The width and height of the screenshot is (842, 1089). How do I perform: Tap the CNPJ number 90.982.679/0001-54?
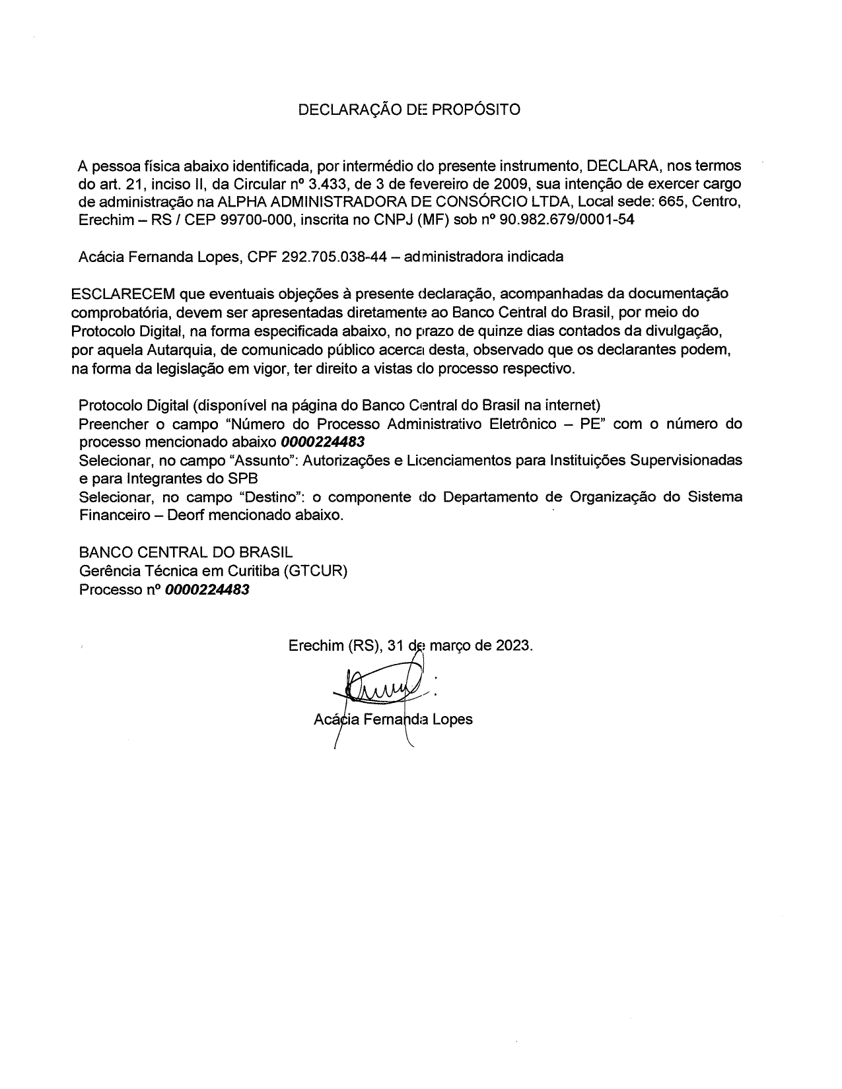pyautogui.click(x=568, y=220)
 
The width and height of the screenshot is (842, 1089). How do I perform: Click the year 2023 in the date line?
pyautogui.click(x=513, y=645)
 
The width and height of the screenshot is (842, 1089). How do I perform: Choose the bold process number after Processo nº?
pyautogui.click(x=207, y=589)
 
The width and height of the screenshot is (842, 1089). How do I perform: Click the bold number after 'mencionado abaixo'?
pyautogui.click(x=323, y=442)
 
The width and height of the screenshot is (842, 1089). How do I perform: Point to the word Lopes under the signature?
pyautogui.click(x=452, y=719)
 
